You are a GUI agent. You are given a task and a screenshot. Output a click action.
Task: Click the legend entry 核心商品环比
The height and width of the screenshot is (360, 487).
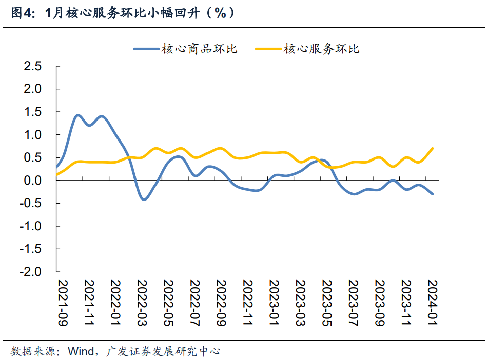[185, 49]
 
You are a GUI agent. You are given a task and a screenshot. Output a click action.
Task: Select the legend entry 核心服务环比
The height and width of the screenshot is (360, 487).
[307, 49]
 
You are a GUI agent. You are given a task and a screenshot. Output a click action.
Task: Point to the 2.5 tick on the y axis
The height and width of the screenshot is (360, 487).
[33, 66]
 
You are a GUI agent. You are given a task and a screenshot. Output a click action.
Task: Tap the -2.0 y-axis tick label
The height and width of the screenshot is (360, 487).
[30, 272]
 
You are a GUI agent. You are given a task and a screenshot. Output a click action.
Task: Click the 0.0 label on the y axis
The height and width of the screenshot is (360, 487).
[33, 181]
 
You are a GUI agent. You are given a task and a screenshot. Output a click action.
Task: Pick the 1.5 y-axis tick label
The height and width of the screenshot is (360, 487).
[33, 112]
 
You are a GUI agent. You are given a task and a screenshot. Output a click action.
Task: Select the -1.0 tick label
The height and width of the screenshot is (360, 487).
[30, 226]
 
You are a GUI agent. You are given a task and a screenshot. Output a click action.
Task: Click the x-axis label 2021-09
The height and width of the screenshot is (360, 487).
[63, 303]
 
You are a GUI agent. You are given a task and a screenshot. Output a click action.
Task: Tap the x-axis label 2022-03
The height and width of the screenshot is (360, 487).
[142, 303]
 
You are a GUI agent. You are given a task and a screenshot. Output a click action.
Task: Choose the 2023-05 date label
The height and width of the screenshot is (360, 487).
[327, 303]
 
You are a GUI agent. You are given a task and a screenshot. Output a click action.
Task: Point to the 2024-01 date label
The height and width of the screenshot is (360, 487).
[432, 303]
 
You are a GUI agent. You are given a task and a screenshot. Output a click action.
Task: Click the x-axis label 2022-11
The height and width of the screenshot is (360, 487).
[247, 303]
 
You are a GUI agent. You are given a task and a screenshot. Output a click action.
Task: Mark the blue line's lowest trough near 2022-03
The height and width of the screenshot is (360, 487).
[143, 199]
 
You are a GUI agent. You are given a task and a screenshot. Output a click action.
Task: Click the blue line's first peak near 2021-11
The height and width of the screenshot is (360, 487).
[77, 115]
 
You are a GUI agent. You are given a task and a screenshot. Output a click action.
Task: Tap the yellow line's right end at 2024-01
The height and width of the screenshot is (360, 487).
[432, 148]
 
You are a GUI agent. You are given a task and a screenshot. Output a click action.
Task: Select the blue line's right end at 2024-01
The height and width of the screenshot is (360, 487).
[432, 194]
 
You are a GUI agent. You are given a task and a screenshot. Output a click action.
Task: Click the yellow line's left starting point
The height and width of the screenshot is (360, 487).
[56, 175]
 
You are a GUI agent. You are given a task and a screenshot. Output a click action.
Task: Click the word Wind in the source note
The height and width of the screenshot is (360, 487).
[81, 351]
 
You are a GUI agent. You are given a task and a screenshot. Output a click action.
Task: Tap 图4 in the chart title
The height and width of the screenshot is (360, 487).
[22, 13]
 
